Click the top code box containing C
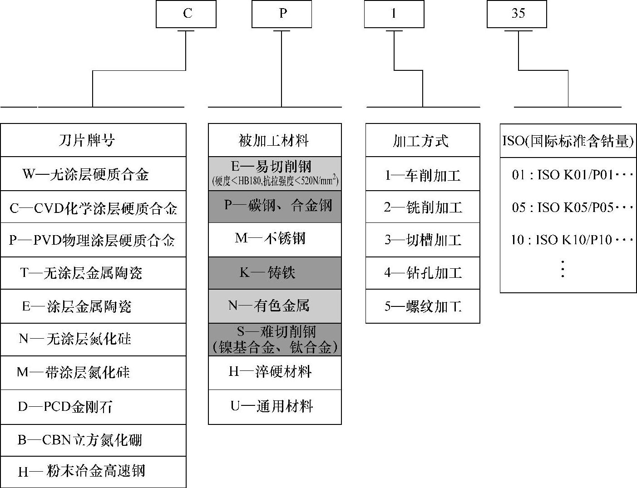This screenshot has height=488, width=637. tap(186, 14)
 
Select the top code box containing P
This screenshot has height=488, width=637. tap(281, 14)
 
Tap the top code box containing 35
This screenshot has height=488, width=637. tap(517, 14)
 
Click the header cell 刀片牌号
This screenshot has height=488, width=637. tap(93, 140)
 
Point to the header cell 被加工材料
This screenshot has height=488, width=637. tap(274, 140)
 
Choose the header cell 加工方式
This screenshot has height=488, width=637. tap(422, 140)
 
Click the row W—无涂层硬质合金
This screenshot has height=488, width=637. tap(93, 174)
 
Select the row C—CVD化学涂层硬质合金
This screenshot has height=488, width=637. tap(93, 207)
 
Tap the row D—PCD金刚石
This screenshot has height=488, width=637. tap(93, 407)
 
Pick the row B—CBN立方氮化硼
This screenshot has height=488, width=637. tap(93, 440)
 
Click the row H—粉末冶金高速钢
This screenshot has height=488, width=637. tap(93, 472)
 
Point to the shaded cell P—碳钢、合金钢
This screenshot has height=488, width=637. tap(274, 206)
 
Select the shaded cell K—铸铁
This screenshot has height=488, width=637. tap(274, 273)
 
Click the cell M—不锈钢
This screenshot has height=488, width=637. tap(274, 239)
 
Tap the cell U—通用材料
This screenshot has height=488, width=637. tap(274, 406)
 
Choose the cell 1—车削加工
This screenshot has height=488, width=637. tap(422, 175)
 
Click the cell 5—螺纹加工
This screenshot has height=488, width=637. tap(422, 306)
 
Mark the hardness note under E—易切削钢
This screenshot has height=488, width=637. tap(275, 181)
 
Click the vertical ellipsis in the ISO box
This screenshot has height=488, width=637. tap(563, 269)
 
